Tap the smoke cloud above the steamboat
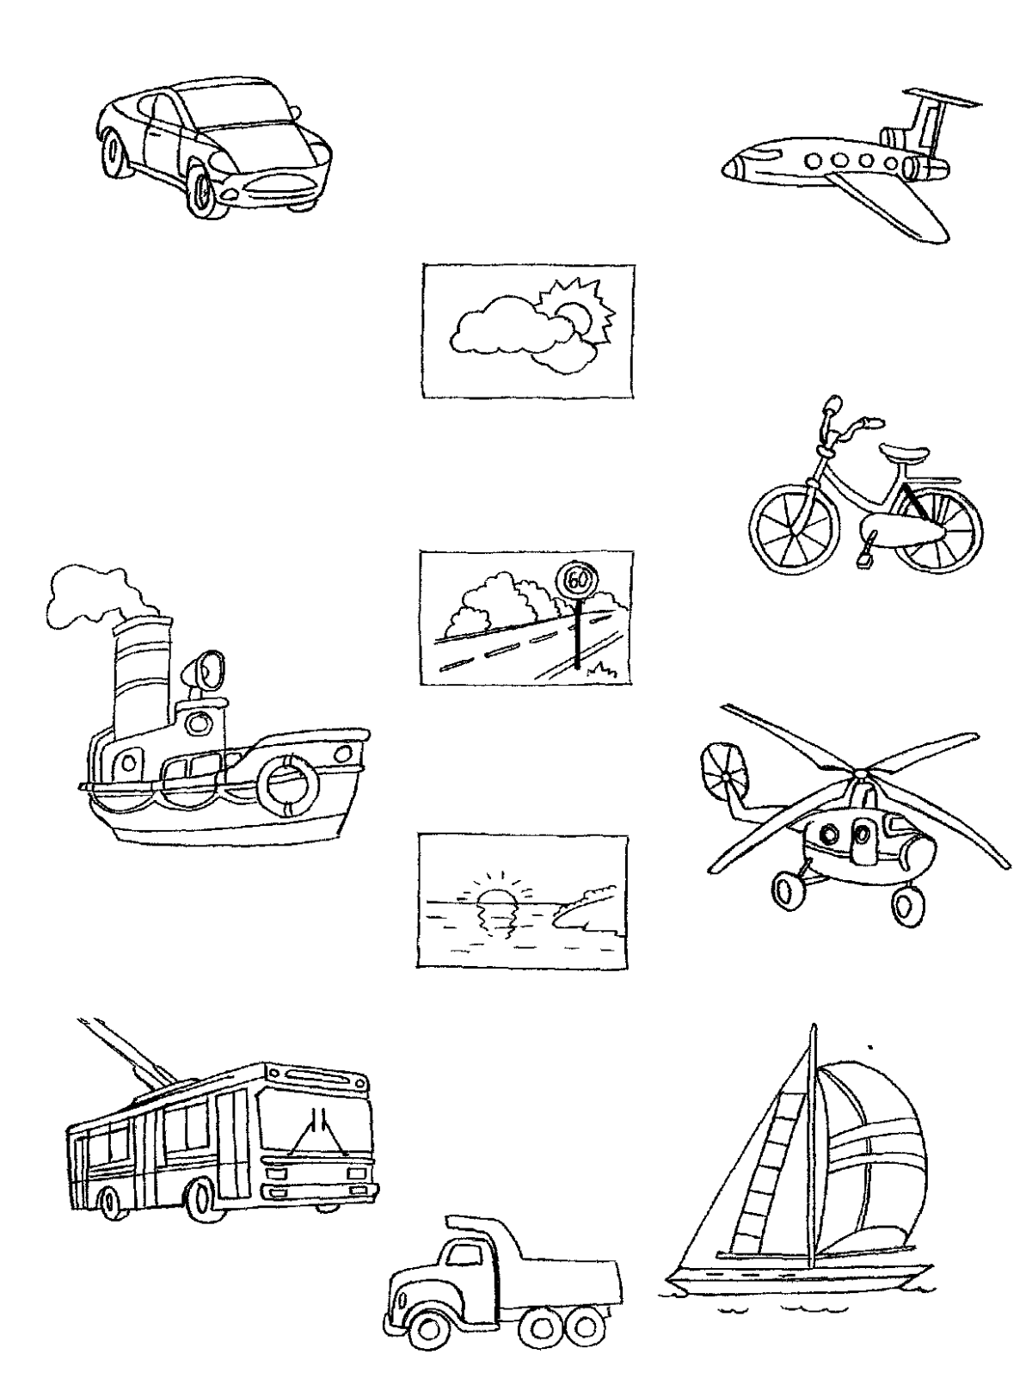[x=101, y=599]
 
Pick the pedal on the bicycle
[x=866, y=556]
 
